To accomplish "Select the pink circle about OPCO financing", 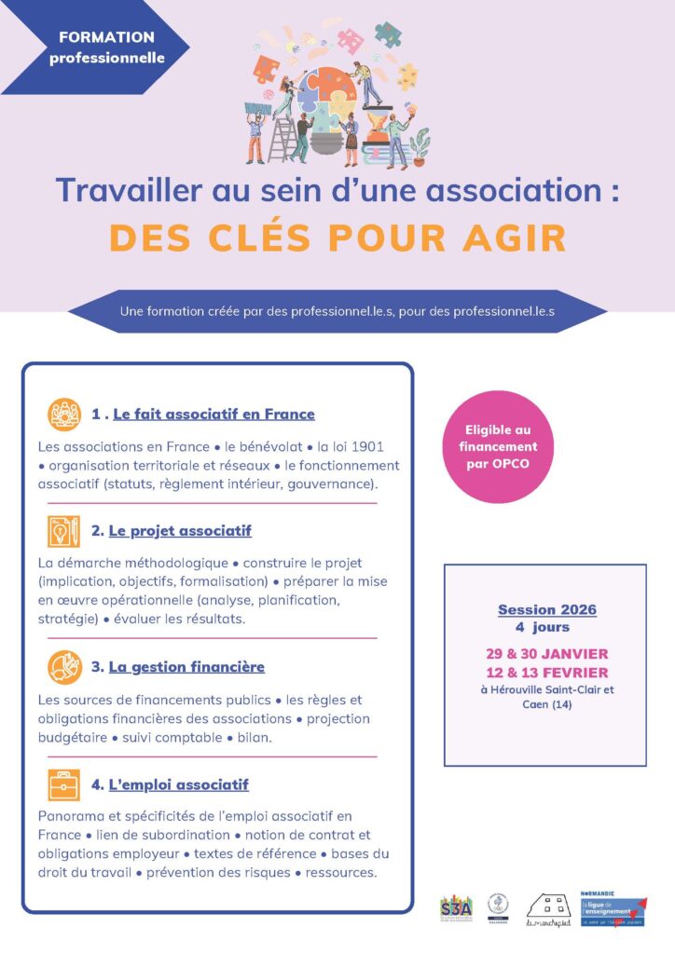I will (x=502, y=446).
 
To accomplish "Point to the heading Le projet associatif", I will (x=180, y=531).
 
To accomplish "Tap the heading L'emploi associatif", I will (x=178, y=785).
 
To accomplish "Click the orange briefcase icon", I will (x=64, y=785).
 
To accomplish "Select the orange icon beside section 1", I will (x=64, y=414).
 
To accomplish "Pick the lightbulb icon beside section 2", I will (x=64, y=531).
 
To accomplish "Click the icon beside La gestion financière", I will (x=64, y=667).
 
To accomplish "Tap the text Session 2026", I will (x=546, y=610).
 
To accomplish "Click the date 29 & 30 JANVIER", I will (x=546, y=653).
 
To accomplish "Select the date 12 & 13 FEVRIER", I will (x=546, y=672).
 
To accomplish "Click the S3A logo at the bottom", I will (x=456, y=906).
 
